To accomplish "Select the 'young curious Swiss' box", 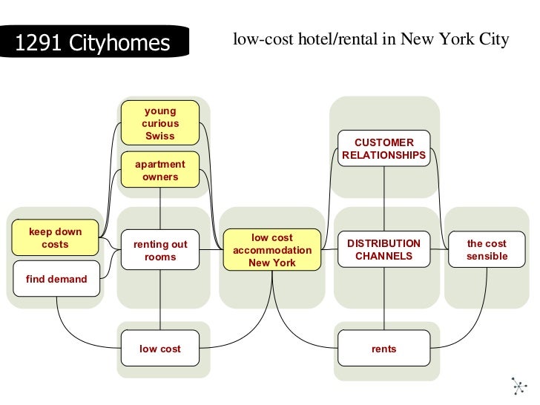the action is [x=160, y=123].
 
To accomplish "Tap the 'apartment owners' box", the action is [x=160, y=171].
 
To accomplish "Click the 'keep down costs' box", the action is [x=56, y=238].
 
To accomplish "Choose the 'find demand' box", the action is [x=56, y=279].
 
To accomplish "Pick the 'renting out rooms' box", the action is [x=160, y=250].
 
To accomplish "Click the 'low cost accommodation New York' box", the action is [x=272, y=250].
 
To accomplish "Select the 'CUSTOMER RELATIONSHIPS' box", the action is [x=384, y=148].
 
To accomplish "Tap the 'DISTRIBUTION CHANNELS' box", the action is [x=384, y=250].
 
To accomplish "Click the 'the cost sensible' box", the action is [x=487, y=250].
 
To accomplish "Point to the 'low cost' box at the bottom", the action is [x=160, y=349].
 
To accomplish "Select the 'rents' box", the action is [x=384, y=349].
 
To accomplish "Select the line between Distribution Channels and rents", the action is [x=384, y=300].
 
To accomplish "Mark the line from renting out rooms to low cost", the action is [x=160, y=300].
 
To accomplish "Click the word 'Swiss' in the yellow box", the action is [x=160, y=136].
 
